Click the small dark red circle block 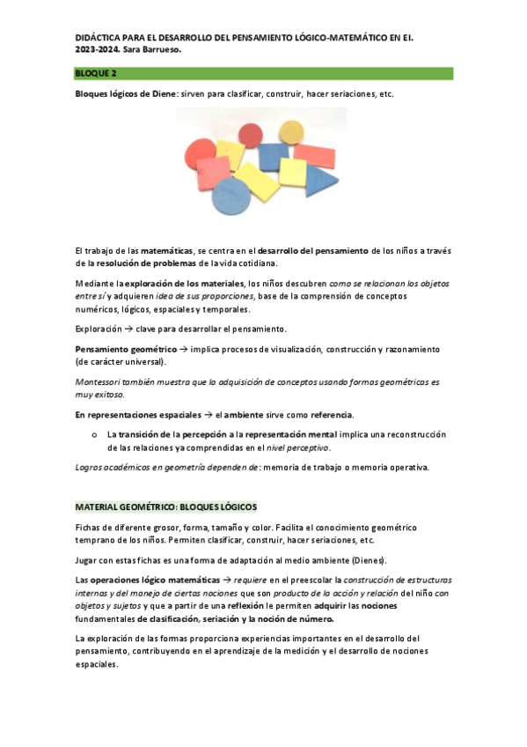pyautogui.click(x=251, y=134)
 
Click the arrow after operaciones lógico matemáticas pyautogui.click(x=227, y=581)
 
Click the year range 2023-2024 pyautogui.click(x=95, y=51)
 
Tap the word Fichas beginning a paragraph pyautogui.click(x=90, y=527)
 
